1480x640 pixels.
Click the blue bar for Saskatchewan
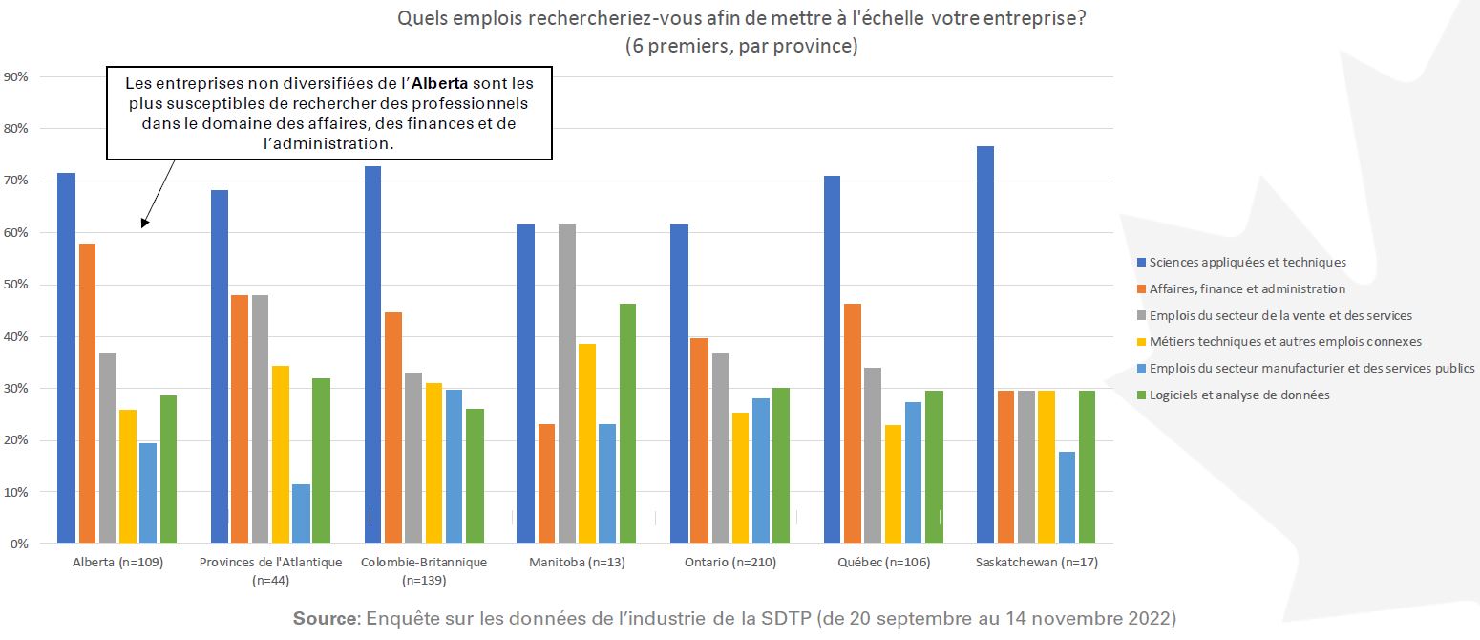coord(987,345)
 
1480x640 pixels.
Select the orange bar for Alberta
coord(87,394)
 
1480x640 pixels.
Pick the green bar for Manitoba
coord(628,423)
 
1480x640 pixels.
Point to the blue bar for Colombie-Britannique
coord(372,354)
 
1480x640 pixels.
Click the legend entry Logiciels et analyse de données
coord(1239,395)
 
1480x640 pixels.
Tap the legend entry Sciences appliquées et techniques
coord(1247,262)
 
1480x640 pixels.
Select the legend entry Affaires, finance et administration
coord(1247,288)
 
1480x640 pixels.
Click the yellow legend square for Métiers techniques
coord(1141,342)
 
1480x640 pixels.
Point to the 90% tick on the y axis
coord(18,76)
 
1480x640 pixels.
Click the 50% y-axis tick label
coord(18,285)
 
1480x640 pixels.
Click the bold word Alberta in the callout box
coord(441,83)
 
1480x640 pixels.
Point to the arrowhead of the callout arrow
coord(144,224)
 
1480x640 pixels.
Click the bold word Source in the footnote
coord(324,618)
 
